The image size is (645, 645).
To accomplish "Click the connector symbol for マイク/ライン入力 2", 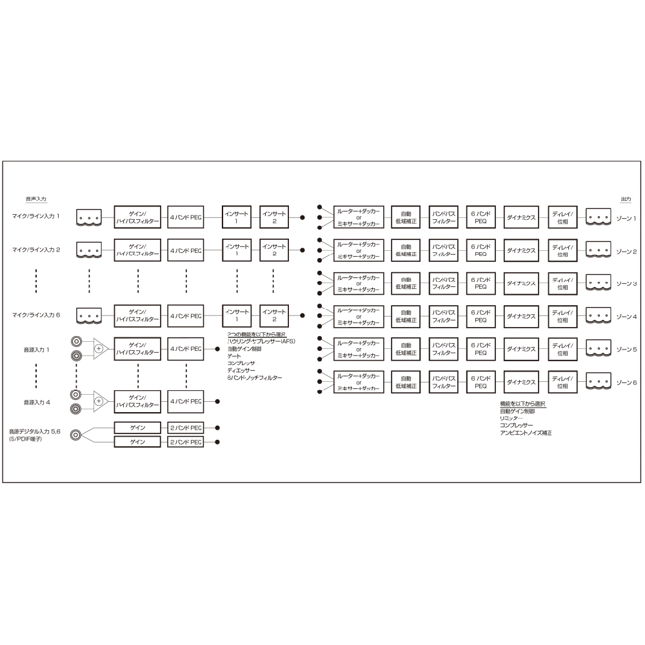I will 89,250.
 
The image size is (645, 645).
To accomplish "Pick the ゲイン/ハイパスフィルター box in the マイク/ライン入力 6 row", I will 137,315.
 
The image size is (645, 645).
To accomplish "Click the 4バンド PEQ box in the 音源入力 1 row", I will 186,348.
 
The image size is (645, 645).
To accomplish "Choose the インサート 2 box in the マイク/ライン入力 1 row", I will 274,217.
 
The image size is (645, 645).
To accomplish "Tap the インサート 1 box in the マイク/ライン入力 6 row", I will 237,315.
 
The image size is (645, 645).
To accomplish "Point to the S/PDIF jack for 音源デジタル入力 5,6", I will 77,435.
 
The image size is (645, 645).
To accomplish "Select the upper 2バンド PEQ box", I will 186,428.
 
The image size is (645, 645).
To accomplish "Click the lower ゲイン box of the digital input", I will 137,442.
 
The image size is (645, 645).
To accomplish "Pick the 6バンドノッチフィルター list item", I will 255,378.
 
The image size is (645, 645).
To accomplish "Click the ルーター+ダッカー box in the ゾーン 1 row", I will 359,217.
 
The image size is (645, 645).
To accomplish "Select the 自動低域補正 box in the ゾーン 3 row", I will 406,283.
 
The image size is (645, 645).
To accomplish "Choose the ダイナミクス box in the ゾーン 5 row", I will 521,349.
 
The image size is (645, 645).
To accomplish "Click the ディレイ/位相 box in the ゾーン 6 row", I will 562,382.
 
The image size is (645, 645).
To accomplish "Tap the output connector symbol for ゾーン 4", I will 598,316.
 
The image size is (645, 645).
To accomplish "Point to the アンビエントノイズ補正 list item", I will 526,433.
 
